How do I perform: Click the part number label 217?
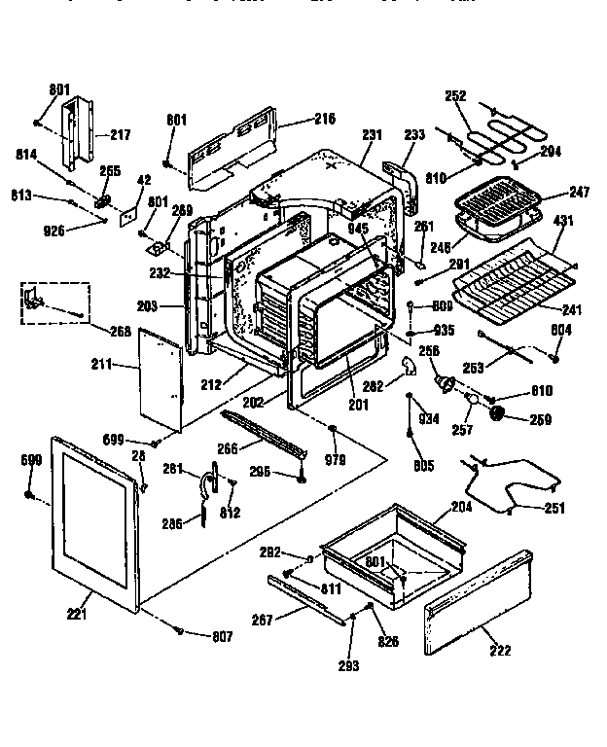(120, 134)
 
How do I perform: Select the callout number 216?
(324, 119)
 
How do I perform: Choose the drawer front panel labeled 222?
(477, 603)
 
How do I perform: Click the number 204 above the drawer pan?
(460, 507)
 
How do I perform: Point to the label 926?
(54, 230)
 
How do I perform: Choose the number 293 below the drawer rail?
(348, 665)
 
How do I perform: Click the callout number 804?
(561, 331)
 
